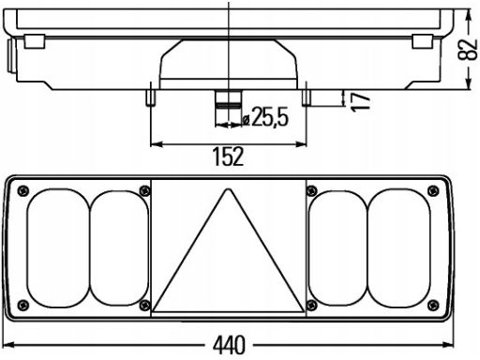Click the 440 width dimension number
229,345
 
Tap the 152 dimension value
228,157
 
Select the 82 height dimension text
468,50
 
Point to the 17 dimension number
360,101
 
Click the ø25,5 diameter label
265,117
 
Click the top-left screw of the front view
23,190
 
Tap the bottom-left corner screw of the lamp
23,305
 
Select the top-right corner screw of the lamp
433,190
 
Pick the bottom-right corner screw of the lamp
433,305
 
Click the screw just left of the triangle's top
144,190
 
